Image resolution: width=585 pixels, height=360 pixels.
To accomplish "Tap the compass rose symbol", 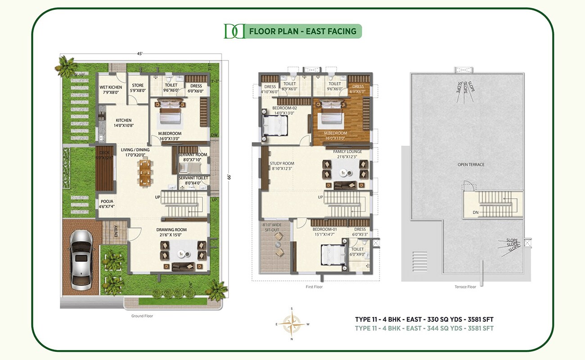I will point(291,324).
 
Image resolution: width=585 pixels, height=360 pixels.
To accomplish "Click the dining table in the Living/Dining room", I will point(145,173).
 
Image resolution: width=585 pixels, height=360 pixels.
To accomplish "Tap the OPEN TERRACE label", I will point(471,165).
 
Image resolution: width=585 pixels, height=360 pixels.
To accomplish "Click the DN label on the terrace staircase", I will point(475,212).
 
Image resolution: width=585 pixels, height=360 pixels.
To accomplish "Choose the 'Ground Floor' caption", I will point(142,316).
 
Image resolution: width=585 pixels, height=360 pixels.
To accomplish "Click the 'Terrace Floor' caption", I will point(466,287).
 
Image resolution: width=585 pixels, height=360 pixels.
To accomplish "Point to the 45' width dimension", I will point(140,54).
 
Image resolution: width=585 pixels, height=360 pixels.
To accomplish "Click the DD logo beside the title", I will point(234,31).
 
